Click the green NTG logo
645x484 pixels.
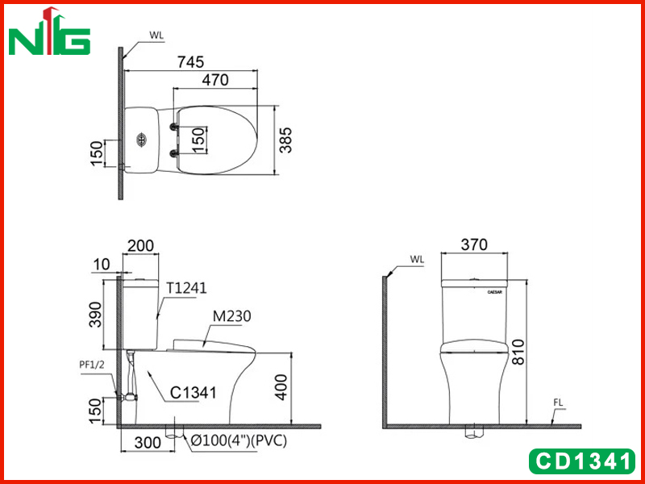(x=49, y=31)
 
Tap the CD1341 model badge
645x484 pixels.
(x=582, y=461)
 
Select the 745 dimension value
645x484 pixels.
(x=190, y=62)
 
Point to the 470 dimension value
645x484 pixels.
(x=215, y=79)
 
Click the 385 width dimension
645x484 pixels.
(x=285, y=140)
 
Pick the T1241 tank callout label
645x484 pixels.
(x=186, y=288)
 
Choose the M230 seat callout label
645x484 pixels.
(x=231, y=316)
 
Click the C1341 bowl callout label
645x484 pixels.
(x=193, y=393)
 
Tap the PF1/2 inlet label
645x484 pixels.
(x=92, y=365)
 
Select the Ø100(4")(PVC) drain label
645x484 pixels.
(x=239, y=440)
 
